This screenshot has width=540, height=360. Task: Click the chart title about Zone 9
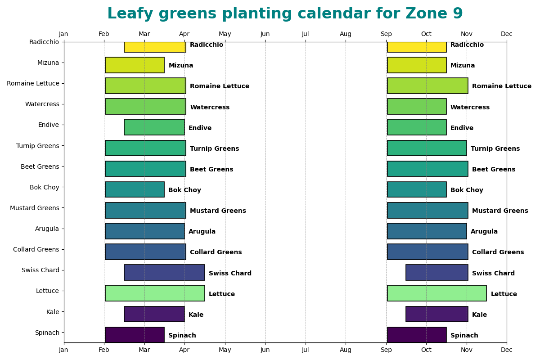[285, 14]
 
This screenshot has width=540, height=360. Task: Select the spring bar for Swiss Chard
[164, 273]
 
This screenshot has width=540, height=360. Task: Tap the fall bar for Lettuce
[436, 293]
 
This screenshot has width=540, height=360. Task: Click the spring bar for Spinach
[135, 335]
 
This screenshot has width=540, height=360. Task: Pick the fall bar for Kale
[436, 314]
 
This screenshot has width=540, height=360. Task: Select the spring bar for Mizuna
[135, 65]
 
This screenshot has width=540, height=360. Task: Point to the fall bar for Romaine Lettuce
[427, 86]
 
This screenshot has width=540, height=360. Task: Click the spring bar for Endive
[154, 127]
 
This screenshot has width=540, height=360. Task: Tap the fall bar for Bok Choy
[417, 189]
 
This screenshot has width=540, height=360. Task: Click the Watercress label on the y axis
[42, 104]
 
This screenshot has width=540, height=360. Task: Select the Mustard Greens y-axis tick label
[35, 208]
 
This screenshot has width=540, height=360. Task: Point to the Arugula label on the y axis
[47, 229]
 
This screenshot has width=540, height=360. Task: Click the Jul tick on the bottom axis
[306, 350]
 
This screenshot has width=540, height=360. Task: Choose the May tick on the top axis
[225, 34]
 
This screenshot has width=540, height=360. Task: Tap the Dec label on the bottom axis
[507, 350]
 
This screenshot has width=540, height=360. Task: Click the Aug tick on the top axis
[346, 34]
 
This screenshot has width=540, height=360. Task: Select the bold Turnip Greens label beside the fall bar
[495, 149]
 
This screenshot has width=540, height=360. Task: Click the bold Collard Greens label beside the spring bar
[216, 252]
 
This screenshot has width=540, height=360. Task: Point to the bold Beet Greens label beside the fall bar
[494, 170]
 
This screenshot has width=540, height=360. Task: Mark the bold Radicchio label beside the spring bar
[207, 45]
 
